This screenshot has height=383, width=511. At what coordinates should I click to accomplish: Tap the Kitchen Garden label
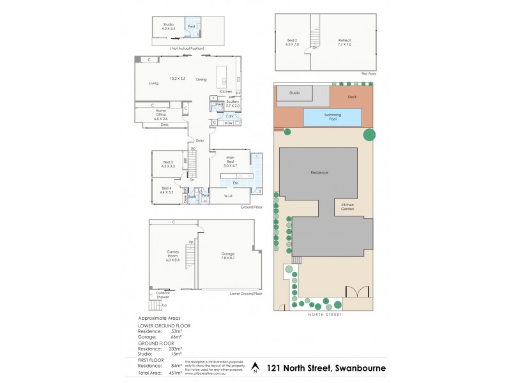click(x=347, y=207)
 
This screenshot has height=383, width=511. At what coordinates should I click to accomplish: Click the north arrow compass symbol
click(x=256, y=367)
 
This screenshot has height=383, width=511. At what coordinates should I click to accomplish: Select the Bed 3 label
click(x=168, y=164)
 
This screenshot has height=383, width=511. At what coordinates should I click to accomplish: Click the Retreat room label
click(x=345, y=42)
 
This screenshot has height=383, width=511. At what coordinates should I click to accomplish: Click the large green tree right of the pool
click(x=369, y=135)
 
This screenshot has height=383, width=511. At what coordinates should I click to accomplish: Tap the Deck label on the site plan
click(x=351, y=97)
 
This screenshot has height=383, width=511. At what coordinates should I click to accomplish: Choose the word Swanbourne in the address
click(x=355, y=368)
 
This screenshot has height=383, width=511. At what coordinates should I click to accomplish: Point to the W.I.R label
click(x=227, y=197)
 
